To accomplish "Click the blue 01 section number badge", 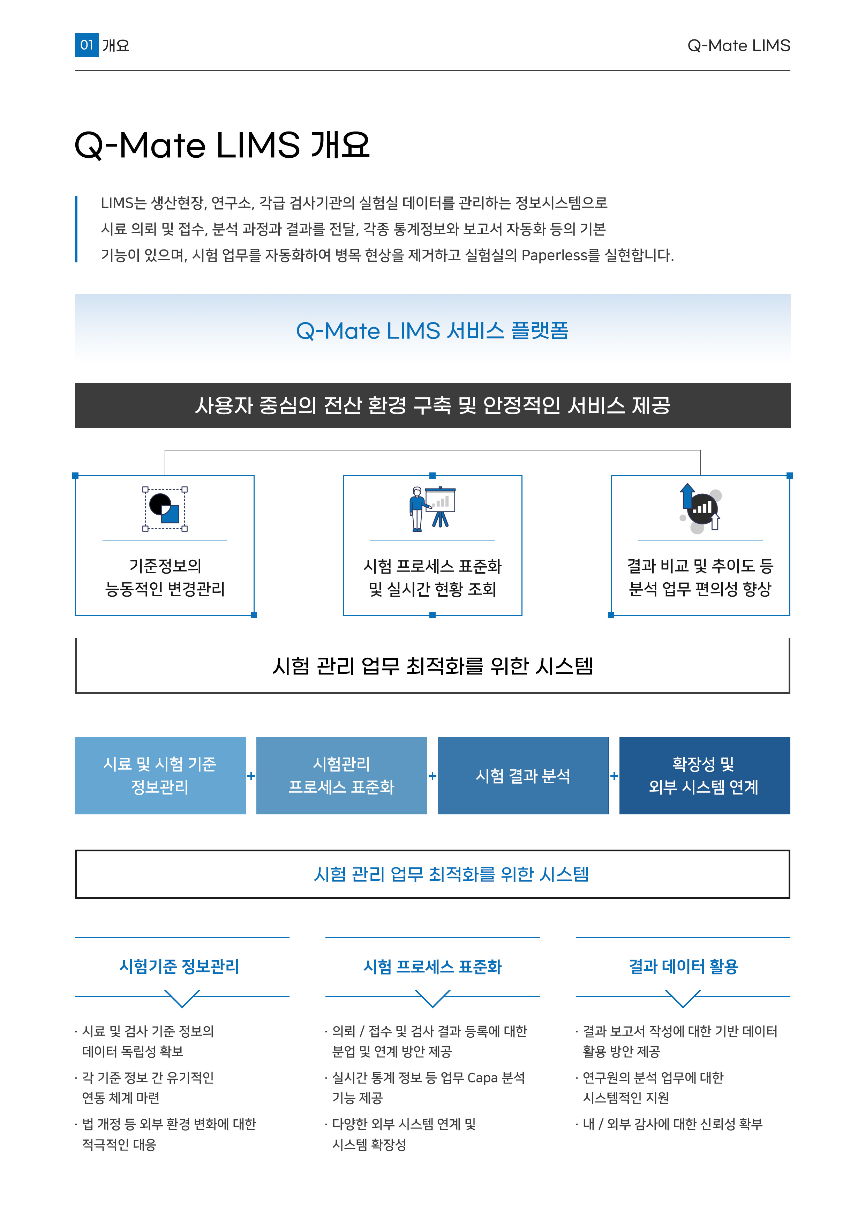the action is [x=86, y=45].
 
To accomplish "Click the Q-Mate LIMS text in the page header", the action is [x=739, y=46].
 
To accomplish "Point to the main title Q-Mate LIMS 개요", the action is [x=222, y=145].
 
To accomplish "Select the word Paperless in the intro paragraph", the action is [x=554, y=255].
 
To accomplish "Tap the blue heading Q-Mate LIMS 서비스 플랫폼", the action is [x=432, y=330].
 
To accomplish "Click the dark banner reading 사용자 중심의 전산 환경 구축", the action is [x=432, y=405].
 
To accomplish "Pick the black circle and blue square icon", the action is [x=165, y=509].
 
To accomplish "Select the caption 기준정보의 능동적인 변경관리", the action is [x=165, y=577].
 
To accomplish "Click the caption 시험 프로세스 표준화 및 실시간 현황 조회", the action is [x=432, y=577].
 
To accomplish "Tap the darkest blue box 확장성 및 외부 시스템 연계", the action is [x=705, y=776].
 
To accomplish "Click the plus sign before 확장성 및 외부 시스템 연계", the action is [x=614, y=776].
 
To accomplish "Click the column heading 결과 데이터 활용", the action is [x=683, y=966].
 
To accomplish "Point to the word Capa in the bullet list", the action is [x=482, y=1078].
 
